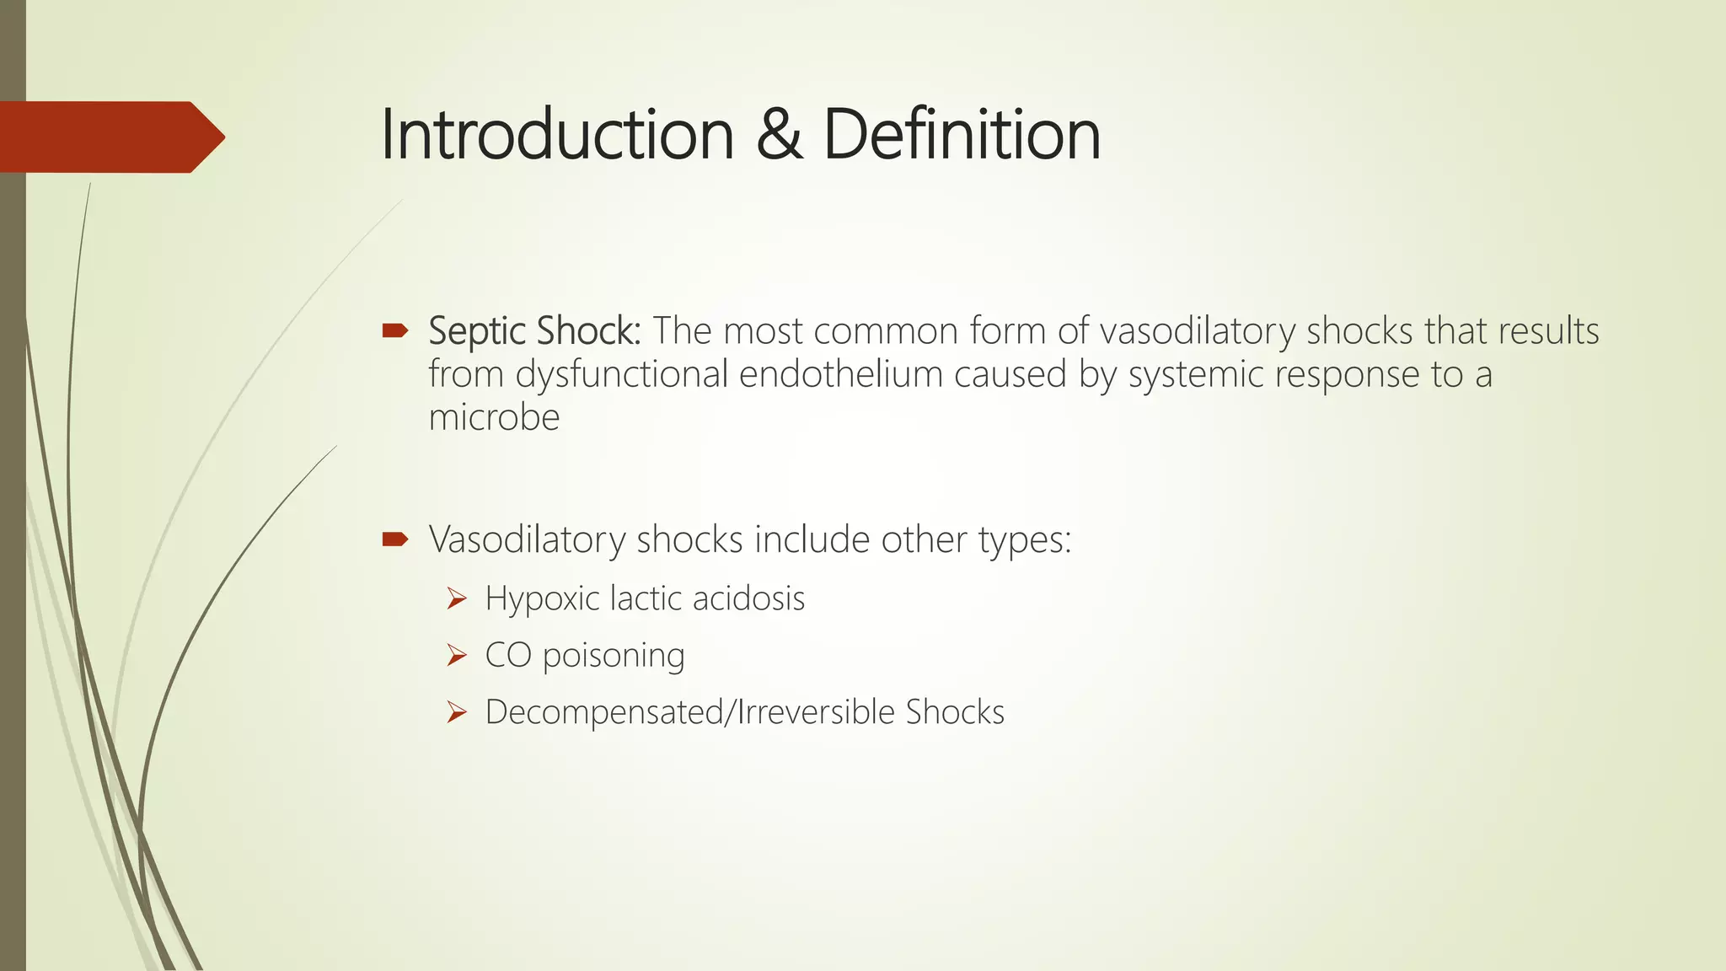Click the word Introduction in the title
tap(557, 135)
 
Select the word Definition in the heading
tap(961, 135)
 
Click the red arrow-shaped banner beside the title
tap(110, 137)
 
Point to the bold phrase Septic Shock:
tap(534, 331)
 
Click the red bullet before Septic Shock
tap(394, 330)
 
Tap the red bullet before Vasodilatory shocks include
tap(394, 539)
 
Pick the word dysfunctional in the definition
tap(621, 374)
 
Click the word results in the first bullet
tap(1548, 331)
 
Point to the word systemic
tap(1196, 374)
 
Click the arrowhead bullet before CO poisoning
tap(457, 655)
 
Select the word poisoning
tap(614, 656)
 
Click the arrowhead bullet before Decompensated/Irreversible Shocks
tap(457, 712)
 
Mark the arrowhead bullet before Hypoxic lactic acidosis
tap(457, 598)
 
